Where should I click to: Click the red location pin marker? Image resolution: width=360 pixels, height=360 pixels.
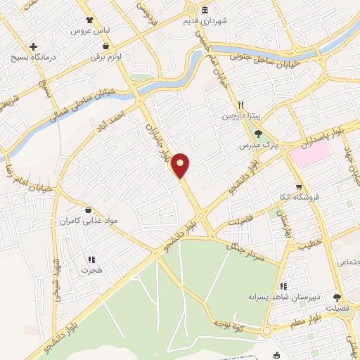click(x=181, y=165)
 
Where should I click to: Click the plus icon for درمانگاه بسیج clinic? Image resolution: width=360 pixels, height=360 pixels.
click(x=33, y=46)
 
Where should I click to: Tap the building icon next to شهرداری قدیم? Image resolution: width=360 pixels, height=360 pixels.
click(x=205, y=10)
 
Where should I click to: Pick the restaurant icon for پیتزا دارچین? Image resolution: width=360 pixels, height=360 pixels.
click(x=239, y=102)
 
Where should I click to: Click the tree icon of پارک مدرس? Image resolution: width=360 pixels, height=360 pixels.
click(x=259, y=133)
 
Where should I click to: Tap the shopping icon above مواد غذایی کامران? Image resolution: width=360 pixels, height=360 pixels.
click(x=88, y=210)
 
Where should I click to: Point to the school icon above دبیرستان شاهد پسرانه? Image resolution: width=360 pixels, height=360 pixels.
click(x=283, y=286)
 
